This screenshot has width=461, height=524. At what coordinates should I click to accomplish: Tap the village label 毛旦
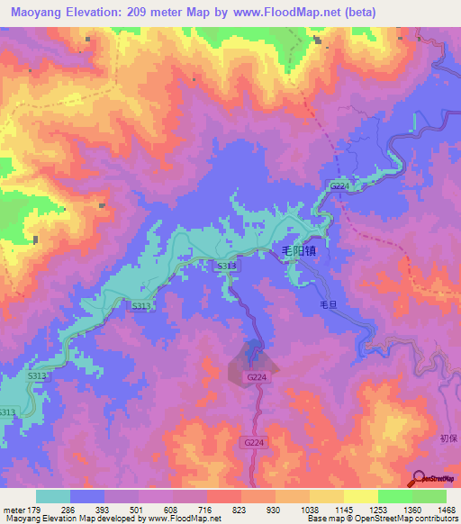tap(329, 305)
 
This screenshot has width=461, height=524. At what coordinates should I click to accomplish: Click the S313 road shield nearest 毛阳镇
tap(227, 267)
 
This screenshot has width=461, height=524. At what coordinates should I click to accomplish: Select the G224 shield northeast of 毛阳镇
tap(339, 186)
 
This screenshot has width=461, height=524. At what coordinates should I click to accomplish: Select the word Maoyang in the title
tap(35, 12)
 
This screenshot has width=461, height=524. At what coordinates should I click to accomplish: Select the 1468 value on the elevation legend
tap(429, 510)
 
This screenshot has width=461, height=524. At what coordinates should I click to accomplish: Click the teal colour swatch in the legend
tap(53, 496)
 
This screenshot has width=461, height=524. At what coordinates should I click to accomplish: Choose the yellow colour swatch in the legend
tap(360, 496)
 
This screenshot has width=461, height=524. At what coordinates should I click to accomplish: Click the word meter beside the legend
tap(14, 510)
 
